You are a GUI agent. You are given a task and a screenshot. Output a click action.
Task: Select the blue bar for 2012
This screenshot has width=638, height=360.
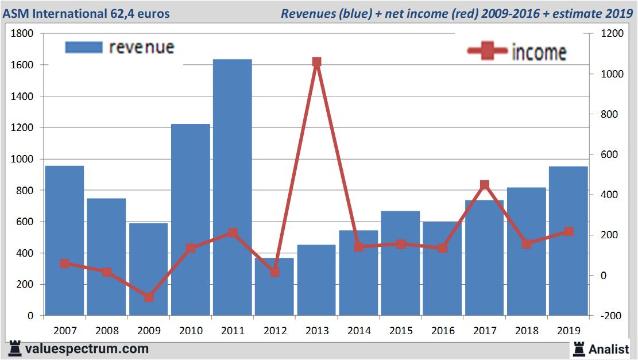tap(274, 287)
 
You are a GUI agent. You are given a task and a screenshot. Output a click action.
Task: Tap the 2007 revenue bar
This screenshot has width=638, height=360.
tap(64, 241)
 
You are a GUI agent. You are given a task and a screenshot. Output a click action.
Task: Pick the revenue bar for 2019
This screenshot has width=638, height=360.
tap(569, 241)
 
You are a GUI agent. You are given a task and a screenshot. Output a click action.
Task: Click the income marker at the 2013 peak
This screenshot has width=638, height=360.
tap(316, 62)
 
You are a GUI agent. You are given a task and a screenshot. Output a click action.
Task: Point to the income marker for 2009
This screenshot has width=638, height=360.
tap(148, 297)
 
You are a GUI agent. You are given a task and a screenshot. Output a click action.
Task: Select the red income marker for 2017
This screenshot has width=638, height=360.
tap(485, 185)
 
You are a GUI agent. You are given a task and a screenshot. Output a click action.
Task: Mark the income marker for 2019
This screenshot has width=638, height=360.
tap(569, 231)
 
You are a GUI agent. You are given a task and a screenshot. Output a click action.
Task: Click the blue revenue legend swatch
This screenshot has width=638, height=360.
tap(83, 47)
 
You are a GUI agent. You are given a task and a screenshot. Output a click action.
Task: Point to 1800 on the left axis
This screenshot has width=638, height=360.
tap(22, 34)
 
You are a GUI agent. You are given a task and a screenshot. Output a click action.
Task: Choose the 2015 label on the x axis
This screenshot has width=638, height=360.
tap(401, 331)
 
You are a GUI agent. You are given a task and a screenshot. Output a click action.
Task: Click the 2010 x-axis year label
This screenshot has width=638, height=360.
tap(191, 331)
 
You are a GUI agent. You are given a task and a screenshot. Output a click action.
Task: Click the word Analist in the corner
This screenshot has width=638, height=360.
tap(609, 349)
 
